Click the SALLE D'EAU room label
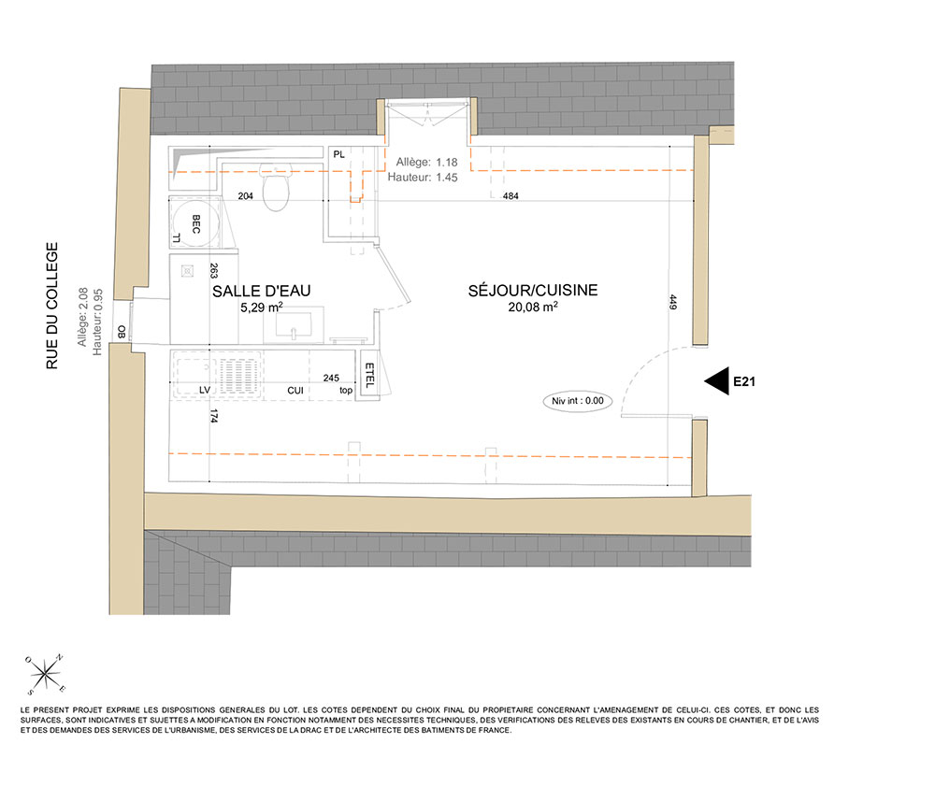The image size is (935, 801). [x=261, y=291]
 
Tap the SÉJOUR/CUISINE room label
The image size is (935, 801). [x=533, y=291]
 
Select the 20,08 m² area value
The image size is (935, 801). [x=533, y=307]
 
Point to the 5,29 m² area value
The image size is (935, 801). [x=261, y=308]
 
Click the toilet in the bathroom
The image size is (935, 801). [x=276, y=187]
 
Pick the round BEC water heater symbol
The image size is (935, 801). [x=195, y=223]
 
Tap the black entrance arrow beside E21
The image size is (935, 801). [x=717, y=380]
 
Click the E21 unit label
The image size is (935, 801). [x=744, y=382]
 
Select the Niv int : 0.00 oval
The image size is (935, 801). [x=577, y=401]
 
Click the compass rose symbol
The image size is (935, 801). [x=45, y=675]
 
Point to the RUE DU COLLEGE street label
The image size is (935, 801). [x=52, y=306]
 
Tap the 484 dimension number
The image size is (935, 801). [x=511, y=195]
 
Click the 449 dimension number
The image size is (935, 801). [x=673, y=302]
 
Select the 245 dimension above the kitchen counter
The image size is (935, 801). [x=331, y=378]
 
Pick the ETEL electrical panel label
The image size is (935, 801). [x=369, y=375]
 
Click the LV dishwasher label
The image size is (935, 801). [x=205, y=390]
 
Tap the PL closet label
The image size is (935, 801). [x=338, y=154]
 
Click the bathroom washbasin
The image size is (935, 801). [x=294, y=325]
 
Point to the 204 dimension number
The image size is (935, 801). [x=245, y=195]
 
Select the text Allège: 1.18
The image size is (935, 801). [x=427, y=162]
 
